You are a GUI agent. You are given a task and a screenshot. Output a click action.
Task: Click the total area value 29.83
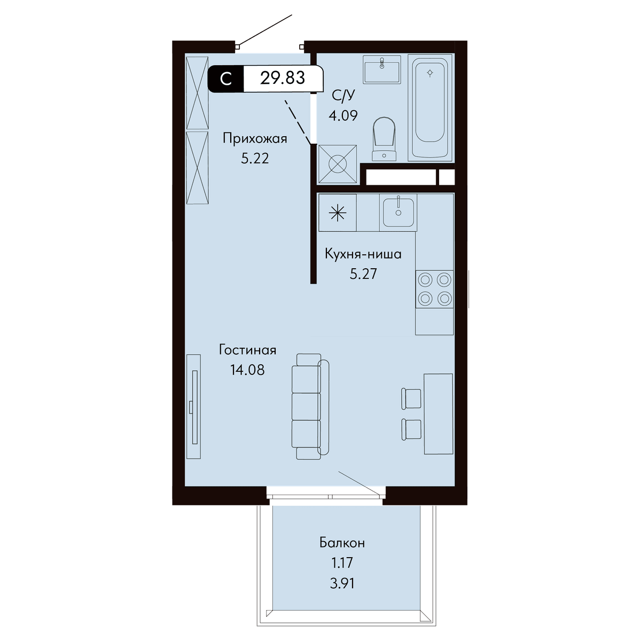click(283, 78)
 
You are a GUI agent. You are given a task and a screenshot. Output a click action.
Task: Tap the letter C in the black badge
click(226, 79)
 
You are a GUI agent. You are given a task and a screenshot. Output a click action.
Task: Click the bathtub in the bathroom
click(430, 108)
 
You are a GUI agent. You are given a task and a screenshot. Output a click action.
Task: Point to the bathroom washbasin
click(381, 69)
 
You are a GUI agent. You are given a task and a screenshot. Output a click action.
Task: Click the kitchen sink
click(398, 212)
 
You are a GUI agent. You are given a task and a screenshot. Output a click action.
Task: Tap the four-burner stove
click(434, 289)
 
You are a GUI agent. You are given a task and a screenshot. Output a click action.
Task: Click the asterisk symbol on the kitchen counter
click(338, 213)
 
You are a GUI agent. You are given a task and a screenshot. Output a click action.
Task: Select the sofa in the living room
click(310, 407)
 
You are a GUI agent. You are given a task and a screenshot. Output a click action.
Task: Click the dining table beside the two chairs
click(438, 414)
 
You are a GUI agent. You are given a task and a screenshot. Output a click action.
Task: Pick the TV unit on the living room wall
click(193, 407)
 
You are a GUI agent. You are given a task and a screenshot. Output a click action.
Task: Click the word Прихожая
click(255, 138)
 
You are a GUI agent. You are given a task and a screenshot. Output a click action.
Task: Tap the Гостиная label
click(247, 350)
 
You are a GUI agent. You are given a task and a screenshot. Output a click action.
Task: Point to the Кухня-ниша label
click(363, 254)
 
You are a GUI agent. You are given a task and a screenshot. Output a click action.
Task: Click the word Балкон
click(342, 543)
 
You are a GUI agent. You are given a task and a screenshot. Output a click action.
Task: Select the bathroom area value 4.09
click(343, 115)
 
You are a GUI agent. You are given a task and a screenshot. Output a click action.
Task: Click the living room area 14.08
click(247, 370)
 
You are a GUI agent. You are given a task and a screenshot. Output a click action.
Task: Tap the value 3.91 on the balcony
click(342, 583)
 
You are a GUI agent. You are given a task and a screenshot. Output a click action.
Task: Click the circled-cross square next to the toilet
click(338, 164)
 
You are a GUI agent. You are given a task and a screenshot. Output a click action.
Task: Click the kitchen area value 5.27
click(363, 274)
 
